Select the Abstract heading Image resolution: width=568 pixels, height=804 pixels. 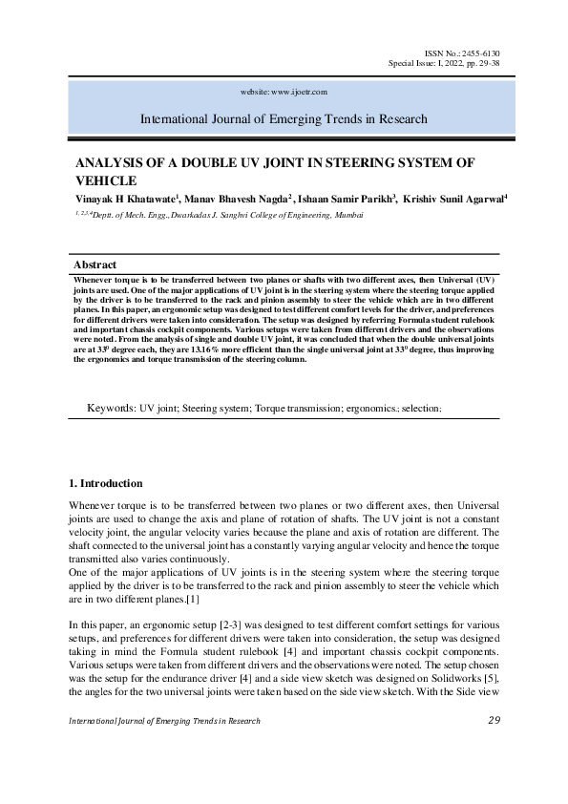95,264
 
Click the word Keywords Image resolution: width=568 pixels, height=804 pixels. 111,407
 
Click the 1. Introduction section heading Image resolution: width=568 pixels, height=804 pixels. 107,483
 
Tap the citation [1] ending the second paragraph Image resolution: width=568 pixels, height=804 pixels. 192,599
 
